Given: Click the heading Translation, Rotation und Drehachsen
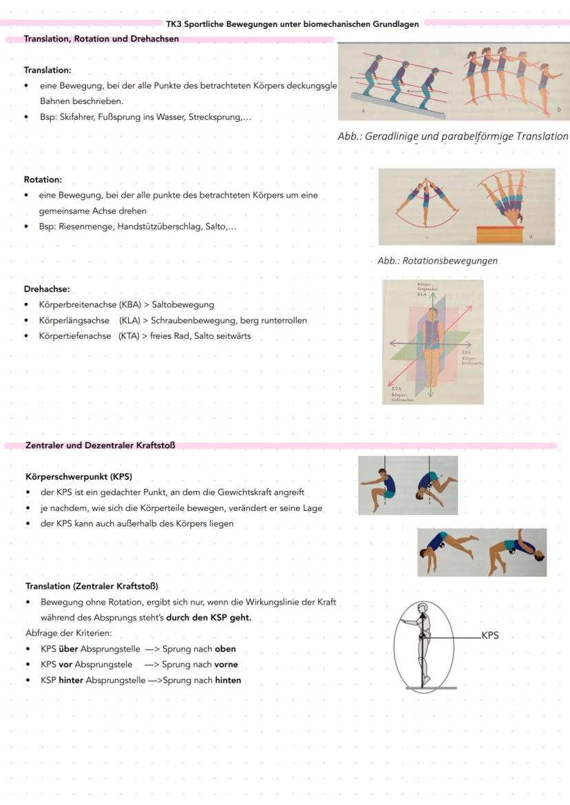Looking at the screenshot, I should [101, 39].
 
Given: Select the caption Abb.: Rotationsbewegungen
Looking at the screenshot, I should [437, 261].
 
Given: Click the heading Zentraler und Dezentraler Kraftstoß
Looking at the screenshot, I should [101, 446].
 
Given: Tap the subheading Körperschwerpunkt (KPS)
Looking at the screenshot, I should [78, 477].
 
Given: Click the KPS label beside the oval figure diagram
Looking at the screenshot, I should [489, 636].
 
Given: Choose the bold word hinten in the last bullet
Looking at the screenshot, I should [228, 680].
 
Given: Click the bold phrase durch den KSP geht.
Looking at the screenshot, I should [209, 618].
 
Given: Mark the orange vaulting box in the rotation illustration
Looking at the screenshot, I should [500, 235].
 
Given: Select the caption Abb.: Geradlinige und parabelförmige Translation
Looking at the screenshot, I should [453, 136].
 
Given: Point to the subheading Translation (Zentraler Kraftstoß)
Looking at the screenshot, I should [92, 587].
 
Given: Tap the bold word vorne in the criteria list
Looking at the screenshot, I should [225, 665].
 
